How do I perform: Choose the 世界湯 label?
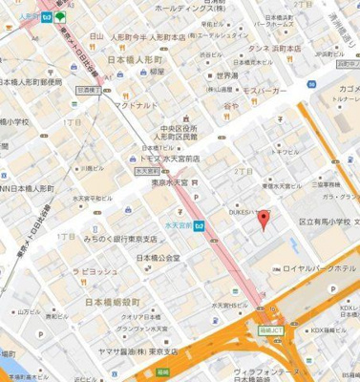(227, 75)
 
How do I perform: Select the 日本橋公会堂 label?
(159, 259)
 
